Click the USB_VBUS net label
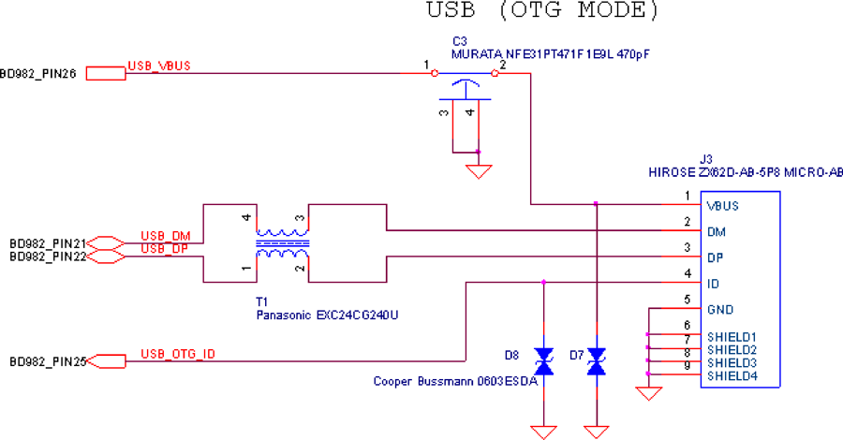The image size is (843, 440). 159,66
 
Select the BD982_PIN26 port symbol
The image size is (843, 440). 106,74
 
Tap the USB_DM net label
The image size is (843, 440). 166,237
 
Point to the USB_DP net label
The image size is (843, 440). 165,249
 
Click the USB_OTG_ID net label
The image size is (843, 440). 178,354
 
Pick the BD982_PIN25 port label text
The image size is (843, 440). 48,362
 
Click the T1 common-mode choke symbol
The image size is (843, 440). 282,243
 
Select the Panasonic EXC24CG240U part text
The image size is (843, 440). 327,315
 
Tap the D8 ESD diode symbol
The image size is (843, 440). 543,361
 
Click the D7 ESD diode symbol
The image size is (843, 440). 597,361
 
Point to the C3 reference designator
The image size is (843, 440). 460,41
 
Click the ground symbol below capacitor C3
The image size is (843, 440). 479,171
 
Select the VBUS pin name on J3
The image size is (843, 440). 722,206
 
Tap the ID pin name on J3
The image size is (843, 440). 713,284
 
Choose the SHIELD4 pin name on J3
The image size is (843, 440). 732,376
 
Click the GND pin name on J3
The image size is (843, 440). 720,310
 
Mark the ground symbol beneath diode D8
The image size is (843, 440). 543,432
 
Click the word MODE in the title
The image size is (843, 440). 617,10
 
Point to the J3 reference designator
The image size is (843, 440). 706,159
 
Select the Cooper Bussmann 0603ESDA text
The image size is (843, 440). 455,381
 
